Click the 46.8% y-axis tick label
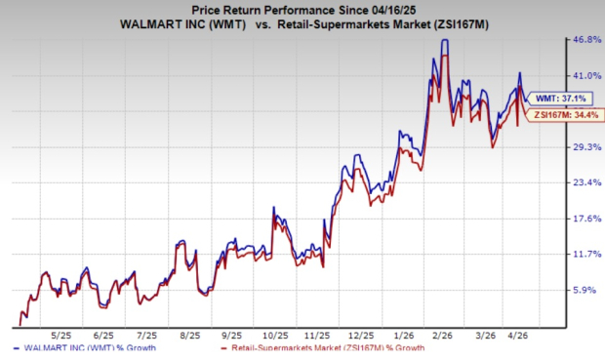pos(586,39)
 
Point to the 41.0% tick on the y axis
pos(586,76)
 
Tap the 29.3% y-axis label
pos(586,147)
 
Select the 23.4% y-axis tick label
pos(586,182)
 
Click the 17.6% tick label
pos(586,219)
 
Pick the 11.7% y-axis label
pos(586,254)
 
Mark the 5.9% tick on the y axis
pos(585,290)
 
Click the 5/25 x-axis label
pos(60,336)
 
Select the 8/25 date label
pos(190,336)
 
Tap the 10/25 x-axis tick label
pos(275,336)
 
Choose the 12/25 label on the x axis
pos(361,336)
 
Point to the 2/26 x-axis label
pos(442,336)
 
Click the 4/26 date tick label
pos(517,336)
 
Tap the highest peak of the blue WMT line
pos(445,40)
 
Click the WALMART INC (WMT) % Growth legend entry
pos(85,348)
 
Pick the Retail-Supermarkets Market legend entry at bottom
pos(322,348)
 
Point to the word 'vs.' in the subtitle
pos(263,24)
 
